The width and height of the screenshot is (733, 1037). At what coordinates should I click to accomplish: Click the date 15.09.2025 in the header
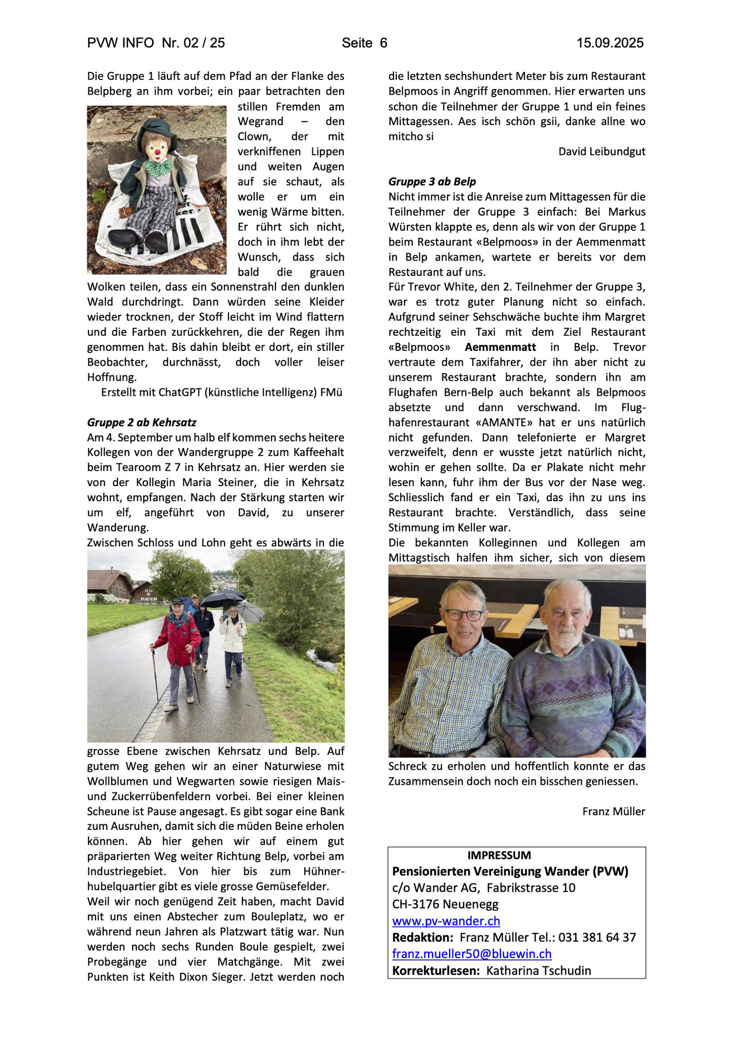pos(610,43)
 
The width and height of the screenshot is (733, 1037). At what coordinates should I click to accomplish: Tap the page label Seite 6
pos(364,43)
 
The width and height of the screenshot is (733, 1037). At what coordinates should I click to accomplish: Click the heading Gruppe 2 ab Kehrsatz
pos(142,422)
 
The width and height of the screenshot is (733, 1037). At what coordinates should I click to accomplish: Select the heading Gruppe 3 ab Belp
pos(432,181)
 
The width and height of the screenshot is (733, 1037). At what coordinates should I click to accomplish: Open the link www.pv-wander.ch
pos(446,921)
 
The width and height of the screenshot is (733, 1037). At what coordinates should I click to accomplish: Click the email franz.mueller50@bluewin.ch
pos(472,953)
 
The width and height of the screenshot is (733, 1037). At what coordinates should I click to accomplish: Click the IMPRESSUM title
pos(499,855)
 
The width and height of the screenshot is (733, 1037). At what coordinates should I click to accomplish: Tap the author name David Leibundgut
pos(602,151)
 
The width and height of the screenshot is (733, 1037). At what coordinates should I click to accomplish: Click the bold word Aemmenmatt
pos(500,347)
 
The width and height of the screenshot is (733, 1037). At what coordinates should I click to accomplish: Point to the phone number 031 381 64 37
pos(597,937)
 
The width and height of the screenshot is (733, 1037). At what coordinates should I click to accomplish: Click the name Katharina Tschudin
pos(539,970)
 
